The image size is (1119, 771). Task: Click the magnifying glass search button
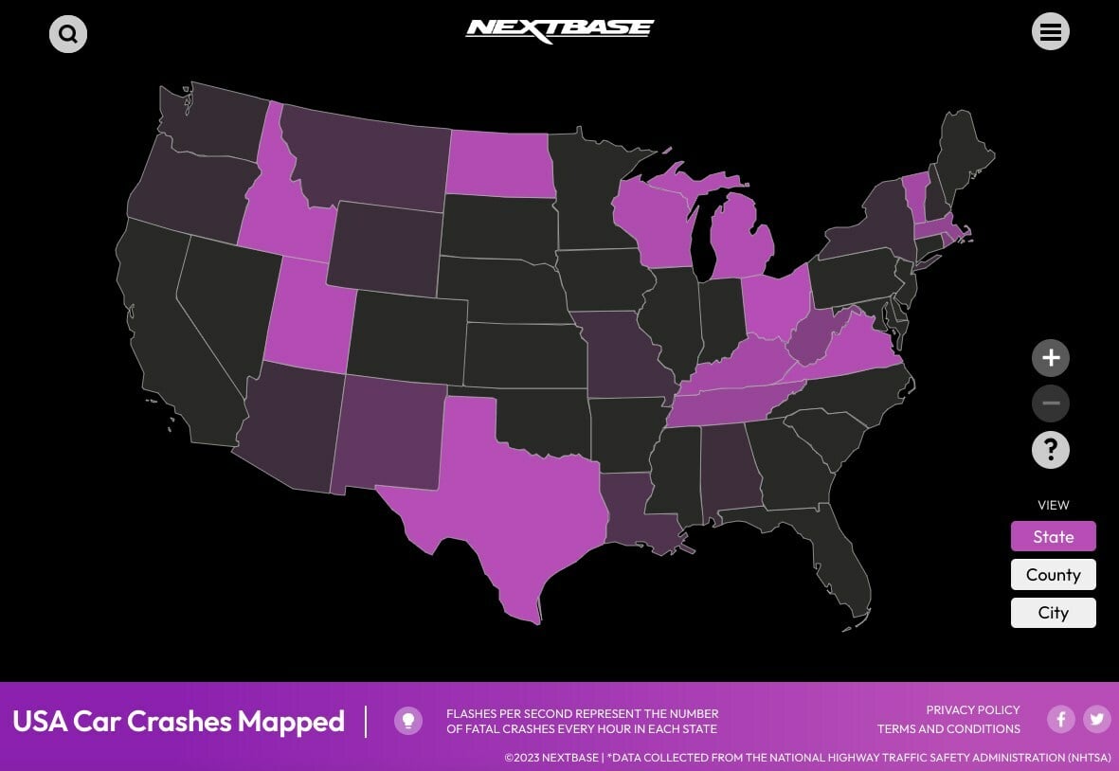(68, 34)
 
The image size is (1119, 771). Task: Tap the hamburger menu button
(1050, 31)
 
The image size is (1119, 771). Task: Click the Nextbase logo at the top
(559, 30)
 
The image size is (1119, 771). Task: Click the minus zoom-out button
(1050, 403)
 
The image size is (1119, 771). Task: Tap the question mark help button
(1050, 450)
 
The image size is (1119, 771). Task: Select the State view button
(1053, 536)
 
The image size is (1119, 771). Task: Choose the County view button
(1053, 574)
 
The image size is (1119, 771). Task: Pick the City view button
(1053, 612)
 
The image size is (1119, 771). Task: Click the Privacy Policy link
(972, 709)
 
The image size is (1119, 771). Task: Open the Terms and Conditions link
(948, 729)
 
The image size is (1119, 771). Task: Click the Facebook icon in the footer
(1060, 719)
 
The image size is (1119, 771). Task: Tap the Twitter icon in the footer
(1097, 719)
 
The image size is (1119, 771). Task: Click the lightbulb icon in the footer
(408, 721)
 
